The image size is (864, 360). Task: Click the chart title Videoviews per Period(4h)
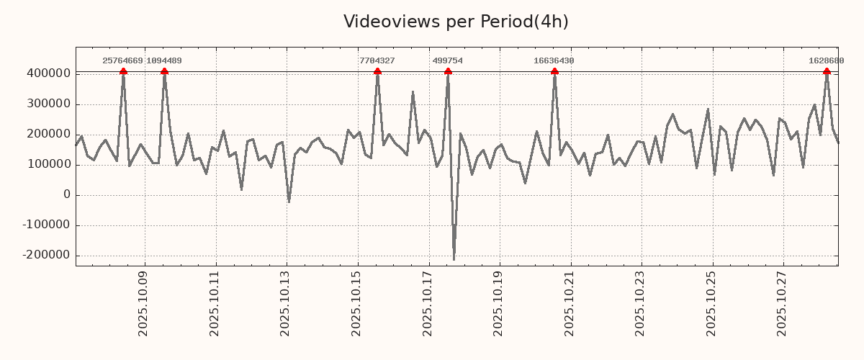click(x=456, y=22)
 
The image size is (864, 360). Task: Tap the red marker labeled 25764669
click(x=123, y=71)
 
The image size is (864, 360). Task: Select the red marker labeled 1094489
click(x=164, y=71)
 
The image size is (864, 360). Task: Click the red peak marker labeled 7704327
click(x=377, y=71)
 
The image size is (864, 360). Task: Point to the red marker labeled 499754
click(x=448, y=71)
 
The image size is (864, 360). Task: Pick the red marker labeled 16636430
click(x=554, y=71)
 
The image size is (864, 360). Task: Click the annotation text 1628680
click(x=826, y=61)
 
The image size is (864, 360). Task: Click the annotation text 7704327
click(x=377, y=61)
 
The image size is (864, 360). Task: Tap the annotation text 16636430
click(x=554, y=61)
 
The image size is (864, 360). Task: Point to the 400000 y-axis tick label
click(x=48, y=73)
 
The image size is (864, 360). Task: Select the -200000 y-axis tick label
click(x=45, y=255)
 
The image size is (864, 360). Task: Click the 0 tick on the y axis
click(x=67, y=194)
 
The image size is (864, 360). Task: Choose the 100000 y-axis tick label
click(x=48, y=164)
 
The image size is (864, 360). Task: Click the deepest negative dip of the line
click(x=454, y=259)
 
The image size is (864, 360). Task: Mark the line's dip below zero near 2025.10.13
click(x=289, y=202)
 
